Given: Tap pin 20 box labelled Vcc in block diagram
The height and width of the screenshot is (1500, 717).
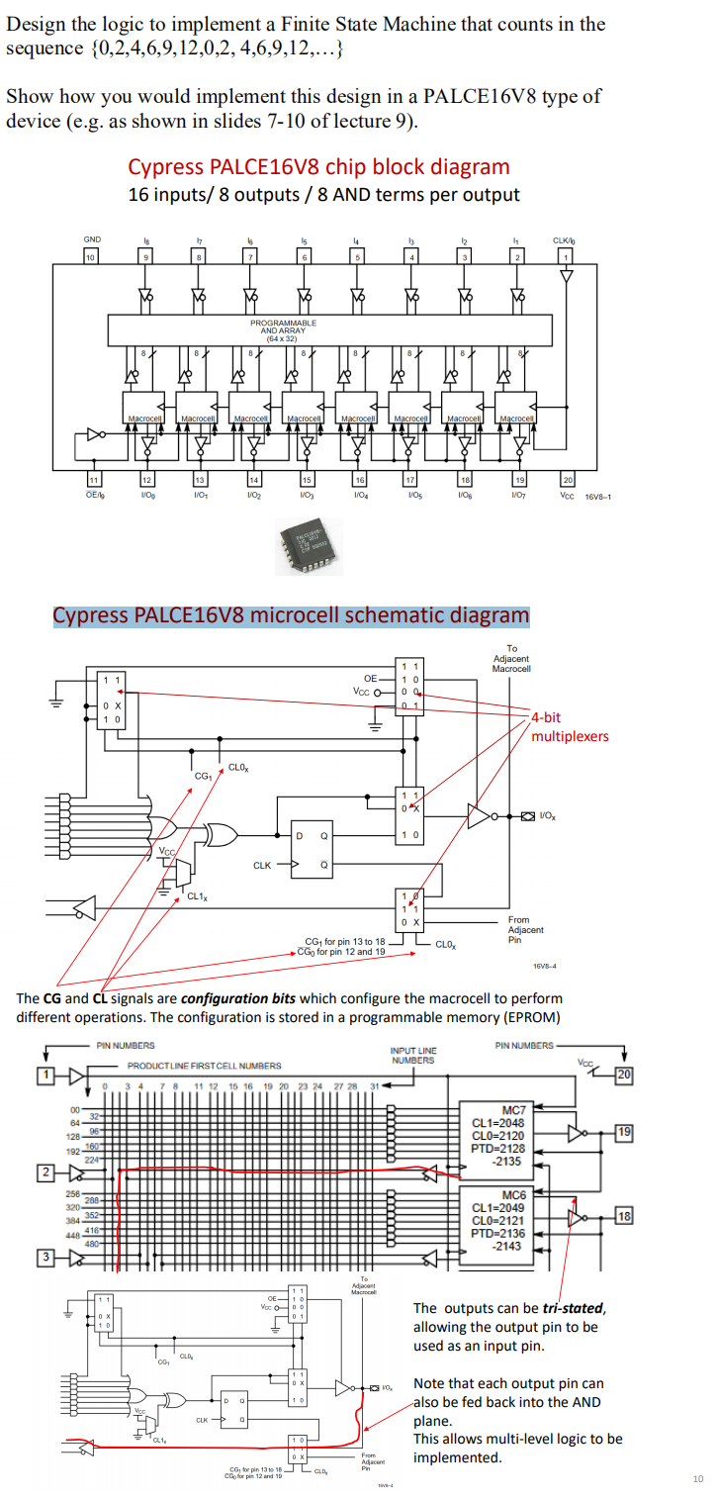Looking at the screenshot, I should tap(568, 480).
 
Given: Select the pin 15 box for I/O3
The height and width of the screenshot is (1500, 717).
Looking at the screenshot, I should tap(306, 480).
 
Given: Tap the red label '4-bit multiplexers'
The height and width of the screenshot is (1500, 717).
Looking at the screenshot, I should tap(570, 727).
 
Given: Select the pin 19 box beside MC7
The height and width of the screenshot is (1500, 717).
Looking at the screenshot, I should tap(624, 1131).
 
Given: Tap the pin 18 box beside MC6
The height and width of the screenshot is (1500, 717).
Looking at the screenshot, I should tap(624, 1214).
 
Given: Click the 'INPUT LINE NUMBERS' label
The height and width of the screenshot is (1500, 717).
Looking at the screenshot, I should tap(412, 1056).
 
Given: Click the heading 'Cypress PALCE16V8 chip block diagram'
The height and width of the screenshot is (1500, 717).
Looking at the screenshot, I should tap(318, 167).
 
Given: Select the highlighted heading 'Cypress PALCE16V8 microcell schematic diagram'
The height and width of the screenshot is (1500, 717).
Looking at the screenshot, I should tap(291, 614).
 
